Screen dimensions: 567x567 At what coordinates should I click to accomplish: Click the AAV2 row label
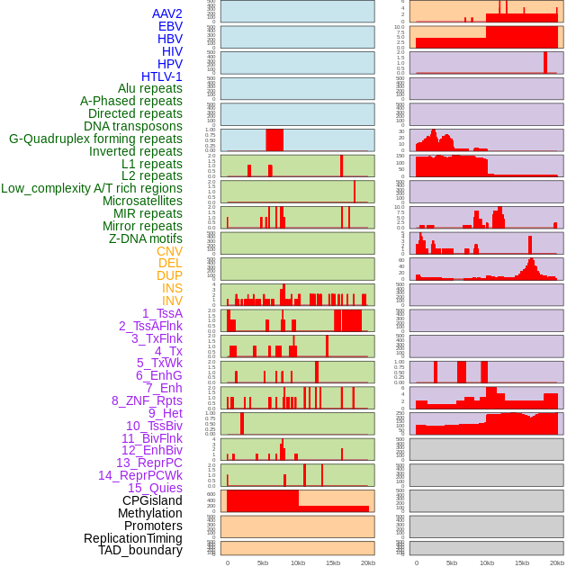(x=167, y=13)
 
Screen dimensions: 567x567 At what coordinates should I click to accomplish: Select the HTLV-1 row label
(x=161, y=76)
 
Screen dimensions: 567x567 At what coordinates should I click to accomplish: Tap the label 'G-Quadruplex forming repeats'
(x=95, y=139)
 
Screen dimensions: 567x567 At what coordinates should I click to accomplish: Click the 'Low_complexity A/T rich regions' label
(x=92, y=188)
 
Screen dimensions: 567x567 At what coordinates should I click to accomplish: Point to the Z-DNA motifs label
(x=145, y=238)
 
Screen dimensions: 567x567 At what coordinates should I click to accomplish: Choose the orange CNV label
(x=169, y=251)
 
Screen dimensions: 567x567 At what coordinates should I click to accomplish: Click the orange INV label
(x=172, y=301)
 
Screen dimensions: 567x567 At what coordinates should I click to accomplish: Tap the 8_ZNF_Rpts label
(x=147, y=400)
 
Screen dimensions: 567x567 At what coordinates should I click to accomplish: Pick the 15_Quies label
(x=155, y=488)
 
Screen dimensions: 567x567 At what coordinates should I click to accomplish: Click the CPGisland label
(x=152, y=500)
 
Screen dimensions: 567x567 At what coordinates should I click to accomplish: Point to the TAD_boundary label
(x=140, y=550)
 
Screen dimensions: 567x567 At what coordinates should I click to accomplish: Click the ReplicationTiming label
(x=132, y=538)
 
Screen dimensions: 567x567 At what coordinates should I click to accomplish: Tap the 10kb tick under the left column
(x=298, y=562)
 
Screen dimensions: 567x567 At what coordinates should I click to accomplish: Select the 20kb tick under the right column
(x=557, y=562)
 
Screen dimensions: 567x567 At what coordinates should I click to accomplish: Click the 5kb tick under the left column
(x=263, y=562)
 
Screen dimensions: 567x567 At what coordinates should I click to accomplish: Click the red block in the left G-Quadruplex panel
(x=274, y=140)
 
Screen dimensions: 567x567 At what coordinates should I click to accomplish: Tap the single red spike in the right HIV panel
(x=545, y=62)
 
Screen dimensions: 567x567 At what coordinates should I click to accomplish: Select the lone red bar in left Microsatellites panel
(x=355, y=192)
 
